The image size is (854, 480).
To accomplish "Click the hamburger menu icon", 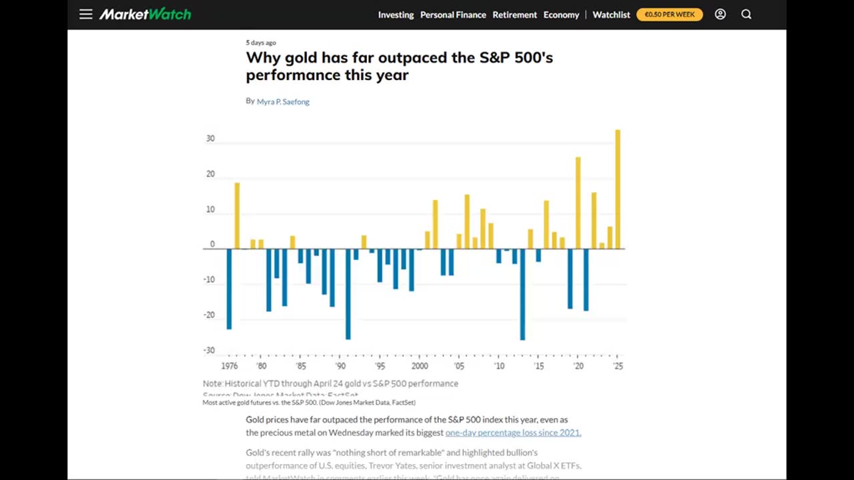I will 85,14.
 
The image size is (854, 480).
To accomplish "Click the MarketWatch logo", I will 145,14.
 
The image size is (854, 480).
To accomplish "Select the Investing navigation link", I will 396,15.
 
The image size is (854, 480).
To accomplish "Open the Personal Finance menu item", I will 453,15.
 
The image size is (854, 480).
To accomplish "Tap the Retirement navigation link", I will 514,15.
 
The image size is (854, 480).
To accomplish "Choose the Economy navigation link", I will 561,15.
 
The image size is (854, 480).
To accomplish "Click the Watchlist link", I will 611,15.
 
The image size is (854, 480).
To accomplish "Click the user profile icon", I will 720,14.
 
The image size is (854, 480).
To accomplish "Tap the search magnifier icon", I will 746,14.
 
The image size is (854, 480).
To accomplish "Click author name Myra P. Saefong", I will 283,101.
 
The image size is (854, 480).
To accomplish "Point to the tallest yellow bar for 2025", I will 618,189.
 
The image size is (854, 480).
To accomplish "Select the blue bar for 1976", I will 229,289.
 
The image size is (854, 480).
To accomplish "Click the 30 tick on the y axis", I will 210,139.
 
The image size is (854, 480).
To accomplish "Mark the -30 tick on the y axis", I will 209,350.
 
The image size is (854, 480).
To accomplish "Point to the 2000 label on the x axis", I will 420,366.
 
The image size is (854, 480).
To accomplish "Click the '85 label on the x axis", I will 301,366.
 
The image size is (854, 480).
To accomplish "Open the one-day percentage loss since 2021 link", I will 513,432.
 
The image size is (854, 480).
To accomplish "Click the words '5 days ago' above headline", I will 261,43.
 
